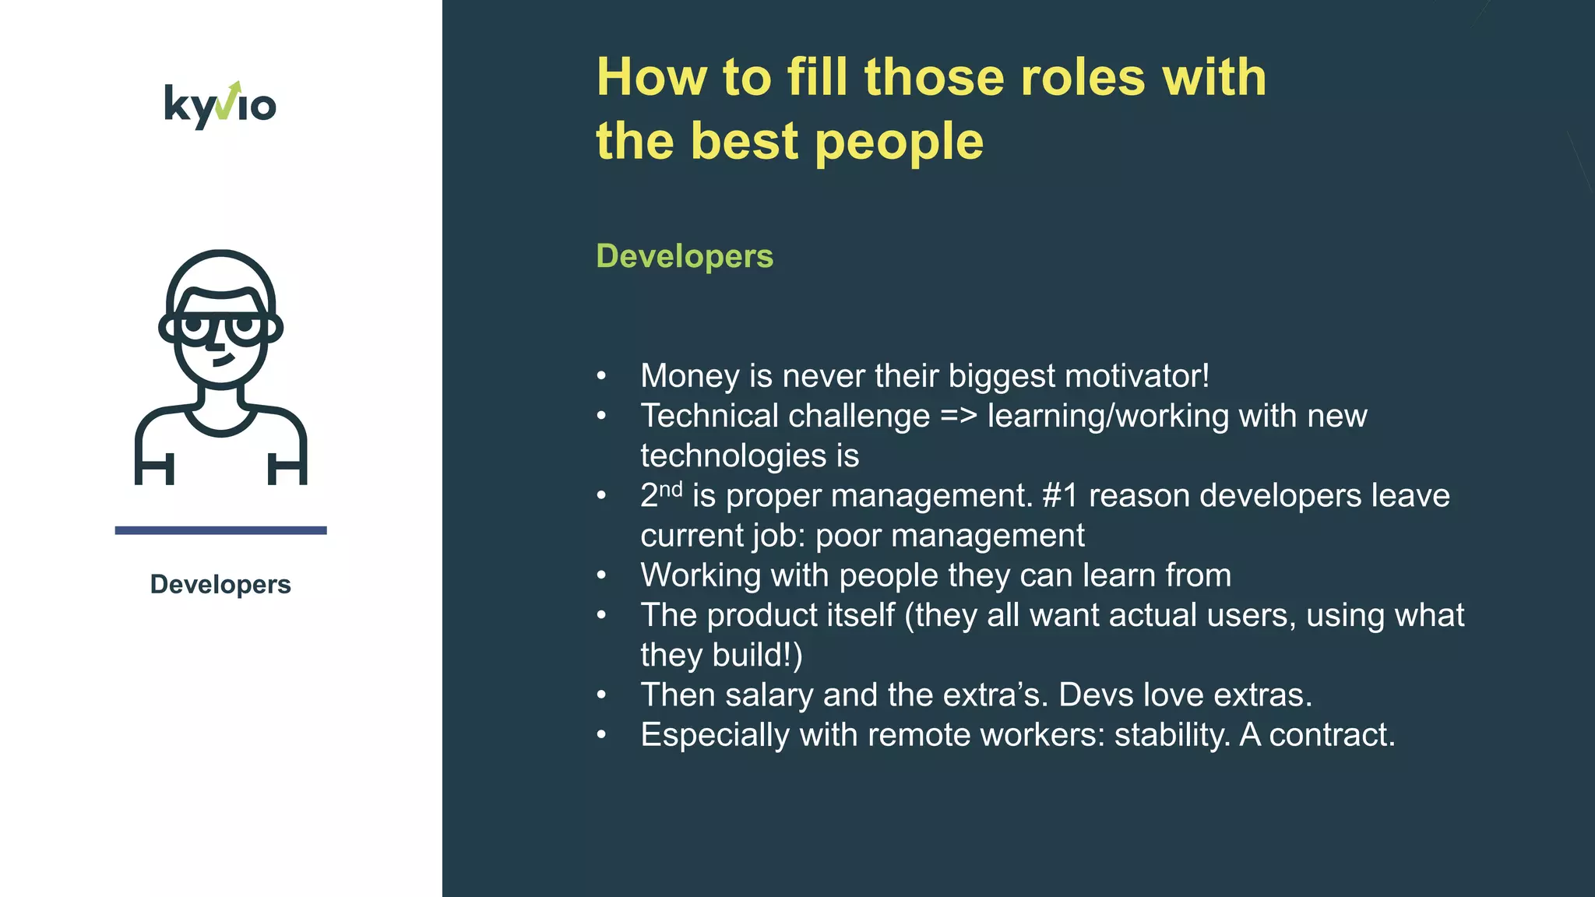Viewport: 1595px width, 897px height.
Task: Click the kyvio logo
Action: tap(220, 105)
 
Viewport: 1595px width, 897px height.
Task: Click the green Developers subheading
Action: tap(685, 256)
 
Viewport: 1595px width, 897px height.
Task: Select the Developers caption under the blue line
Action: tap(220, 584)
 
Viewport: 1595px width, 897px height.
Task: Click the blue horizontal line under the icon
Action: tap(220, 530)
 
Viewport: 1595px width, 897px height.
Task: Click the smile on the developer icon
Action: tap(224, 361)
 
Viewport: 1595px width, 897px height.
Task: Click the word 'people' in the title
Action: tap(899, 142)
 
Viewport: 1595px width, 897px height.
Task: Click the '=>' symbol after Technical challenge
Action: tap(958, 416)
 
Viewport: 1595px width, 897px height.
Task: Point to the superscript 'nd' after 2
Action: tap(671, 489)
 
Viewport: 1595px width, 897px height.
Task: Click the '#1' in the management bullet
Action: tap(1060, 496)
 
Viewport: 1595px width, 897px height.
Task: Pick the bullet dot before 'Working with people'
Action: tap(601, 575)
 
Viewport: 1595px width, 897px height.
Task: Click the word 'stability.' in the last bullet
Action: tap(1172, 735)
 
